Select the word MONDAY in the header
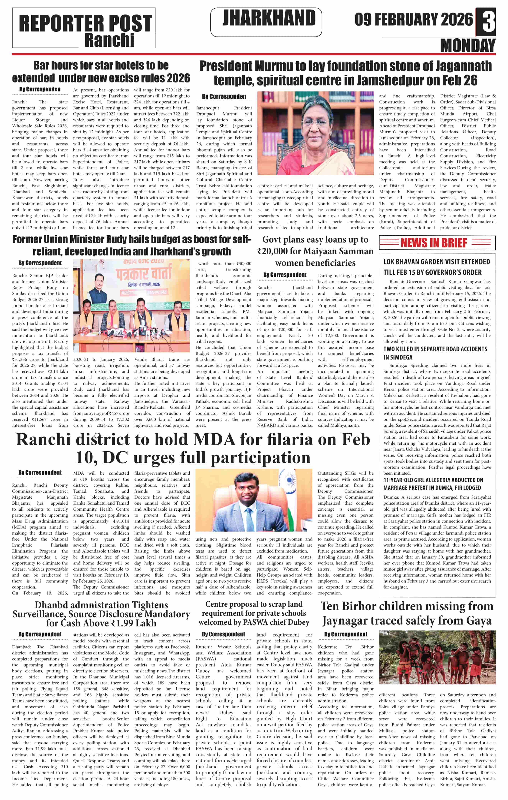[468, 45]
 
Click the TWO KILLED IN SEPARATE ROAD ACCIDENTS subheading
[435, 349]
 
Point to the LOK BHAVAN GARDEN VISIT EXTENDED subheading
[436, 262]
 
